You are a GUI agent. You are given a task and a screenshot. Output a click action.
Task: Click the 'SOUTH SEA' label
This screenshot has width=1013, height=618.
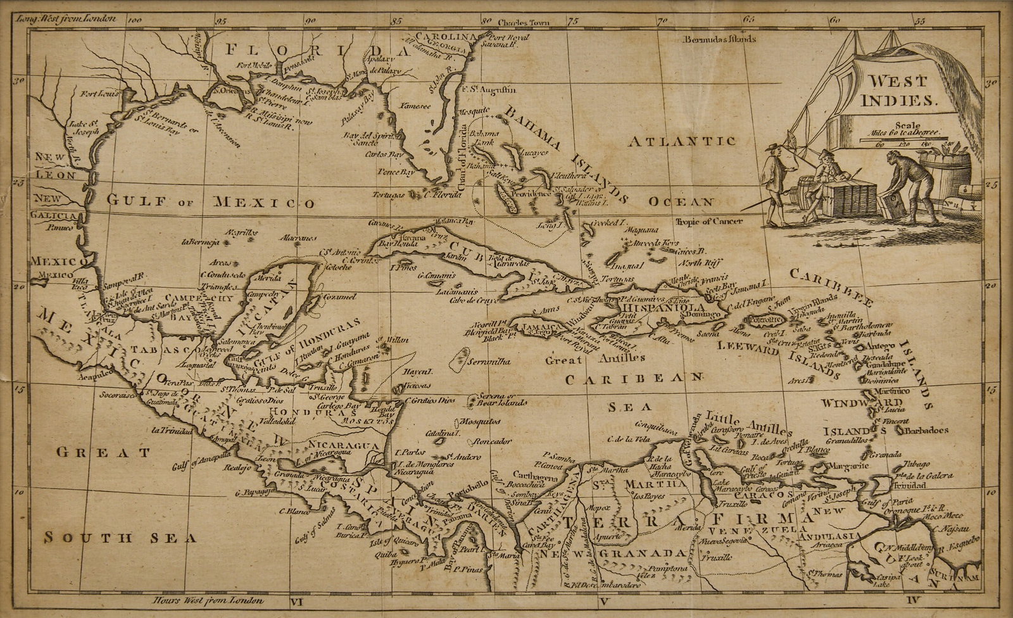coord(111,538)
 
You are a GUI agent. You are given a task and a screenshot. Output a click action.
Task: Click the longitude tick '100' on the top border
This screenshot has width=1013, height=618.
coord(134,20)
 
